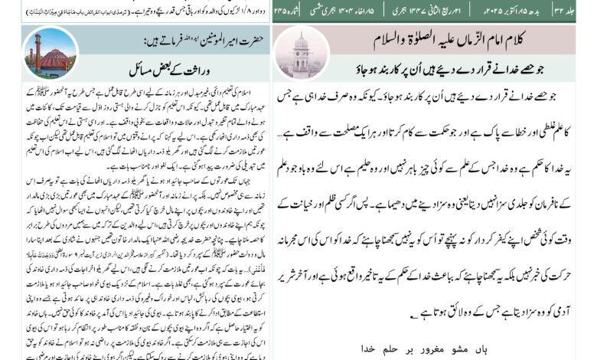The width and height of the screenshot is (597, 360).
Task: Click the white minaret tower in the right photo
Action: click(x=301, y=51)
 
